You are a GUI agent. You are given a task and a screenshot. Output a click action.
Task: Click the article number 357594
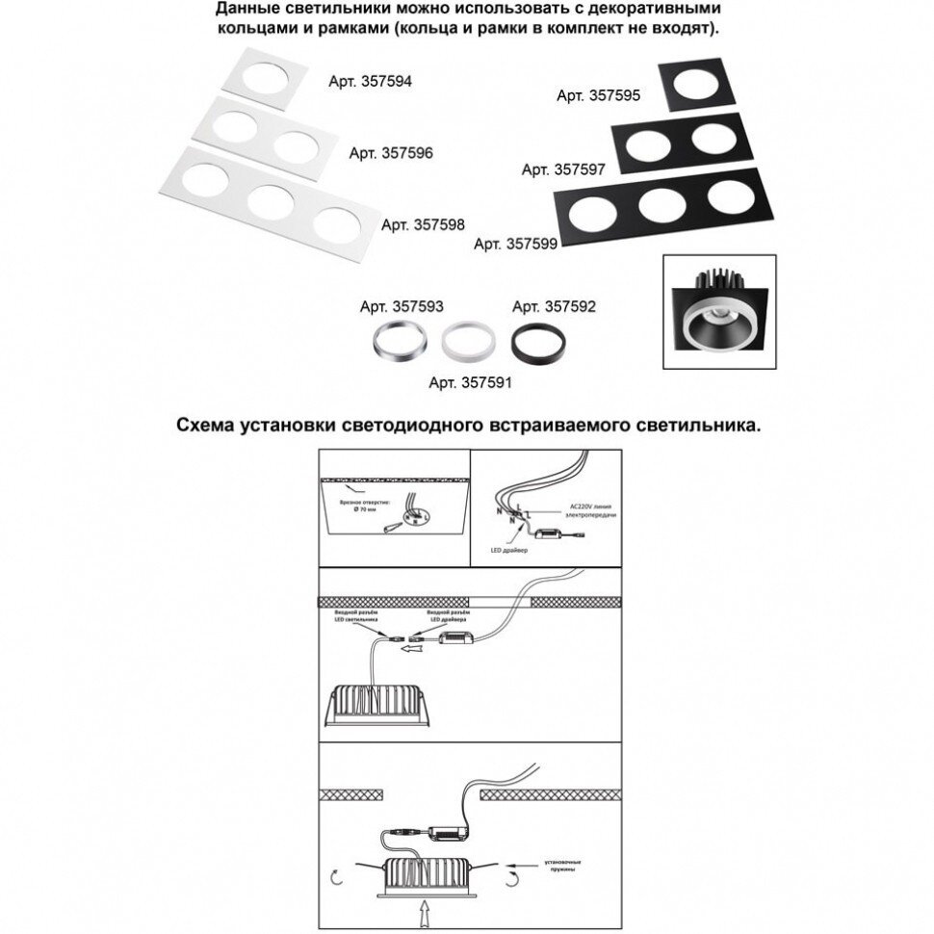(x=370, y=83)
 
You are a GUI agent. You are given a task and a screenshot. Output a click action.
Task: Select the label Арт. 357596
(x=391, y=153)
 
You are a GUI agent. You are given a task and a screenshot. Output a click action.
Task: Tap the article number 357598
(x=423, y=224)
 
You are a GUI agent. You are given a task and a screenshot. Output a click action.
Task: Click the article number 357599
(x=516, y=245)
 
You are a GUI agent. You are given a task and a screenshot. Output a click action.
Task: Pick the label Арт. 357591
(x=470, y=382)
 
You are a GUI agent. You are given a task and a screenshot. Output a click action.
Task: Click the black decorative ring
(x=533, y=341)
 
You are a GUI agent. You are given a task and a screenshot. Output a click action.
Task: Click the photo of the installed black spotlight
(x=720, y=313)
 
